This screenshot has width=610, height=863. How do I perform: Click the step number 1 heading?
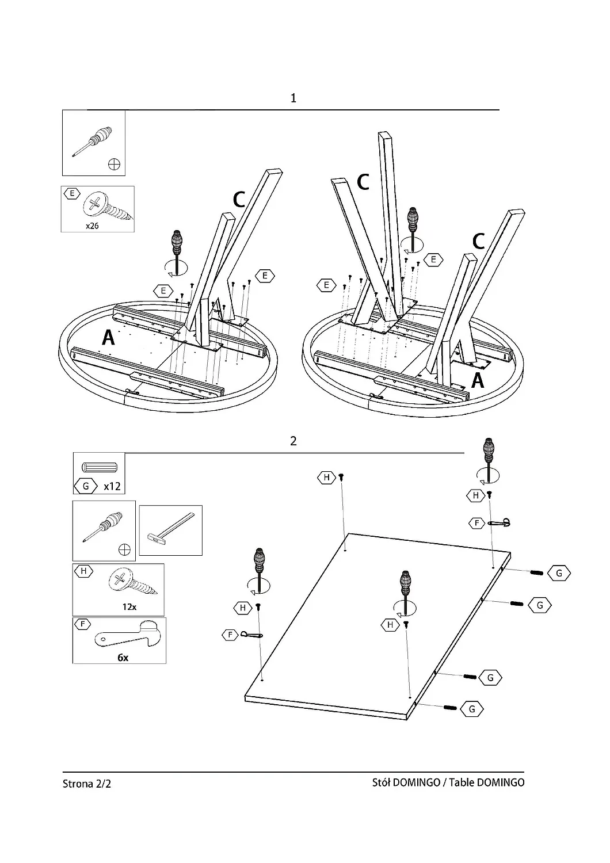pyautogui.click(x=293, y=98)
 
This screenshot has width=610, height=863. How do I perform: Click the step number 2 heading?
pyautogui.click(x=293, y=441)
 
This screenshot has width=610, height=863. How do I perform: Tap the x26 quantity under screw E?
pyautogui.click(x=92, y=226)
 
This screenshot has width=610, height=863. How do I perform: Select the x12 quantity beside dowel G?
pyautogui.click(x=112, y=486)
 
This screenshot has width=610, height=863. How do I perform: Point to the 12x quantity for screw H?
pyautogui.click(x=129, y=607)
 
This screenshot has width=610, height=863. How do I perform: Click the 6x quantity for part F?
pyautogui.click(x=123, y=658)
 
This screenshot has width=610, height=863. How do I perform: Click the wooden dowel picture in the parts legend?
pyautogui.click(x=100, y=467)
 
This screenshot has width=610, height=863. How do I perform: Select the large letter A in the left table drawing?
pyautogui.click(x=108, y=338)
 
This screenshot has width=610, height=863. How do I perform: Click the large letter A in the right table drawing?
pyautogui.click(x=478, y=381)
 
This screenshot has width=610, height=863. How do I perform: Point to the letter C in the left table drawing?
pyautogui.click(x=239, y=200)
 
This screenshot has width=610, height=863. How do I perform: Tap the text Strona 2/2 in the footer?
pyautogui.click(x=87, y=783)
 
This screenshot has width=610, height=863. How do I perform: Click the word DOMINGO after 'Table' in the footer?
pyautogui.click(x=501, y=782)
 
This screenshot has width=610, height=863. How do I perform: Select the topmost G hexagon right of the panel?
pyautogui.click(x=559, y=573)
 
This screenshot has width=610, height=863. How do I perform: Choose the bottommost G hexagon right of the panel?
pyautogui.click(x=472, y=709)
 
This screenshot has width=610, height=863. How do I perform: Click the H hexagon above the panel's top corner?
pyautogui.click(x=327, y=478)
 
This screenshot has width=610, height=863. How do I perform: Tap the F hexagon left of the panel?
pyautogui.click(x=230, y=635)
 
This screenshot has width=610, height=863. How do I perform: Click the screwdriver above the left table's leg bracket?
pyautogui.click(x=177, y=253)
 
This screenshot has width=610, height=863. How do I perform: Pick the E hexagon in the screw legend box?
pyautogui.click(x=72, y=193)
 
